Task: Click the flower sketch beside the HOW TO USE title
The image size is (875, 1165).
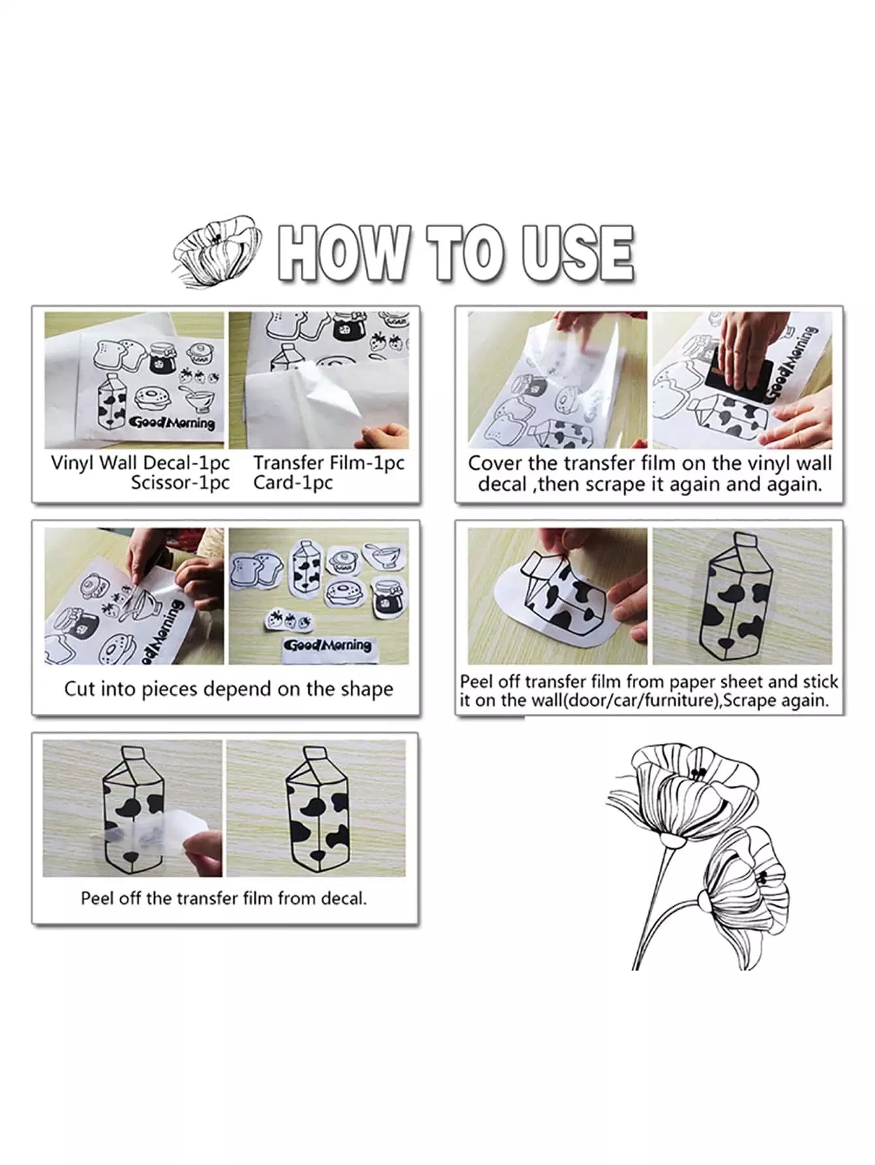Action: point(218,250)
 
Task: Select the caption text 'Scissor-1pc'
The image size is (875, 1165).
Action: point(180,483)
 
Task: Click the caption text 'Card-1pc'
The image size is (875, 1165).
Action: point(293,483)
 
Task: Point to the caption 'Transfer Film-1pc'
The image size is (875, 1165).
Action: point(329,463)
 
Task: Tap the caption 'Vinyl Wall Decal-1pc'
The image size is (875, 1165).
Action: point(140,463)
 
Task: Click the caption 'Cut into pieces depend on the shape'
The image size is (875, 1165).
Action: point(229,689)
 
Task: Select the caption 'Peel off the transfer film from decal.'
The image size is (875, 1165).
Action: point(224,898)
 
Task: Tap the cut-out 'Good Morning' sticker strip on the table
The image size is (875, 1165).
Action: point(328,646)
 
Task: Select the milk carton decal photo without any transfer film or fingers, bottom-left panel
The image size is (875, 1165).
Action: point(316,808)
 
